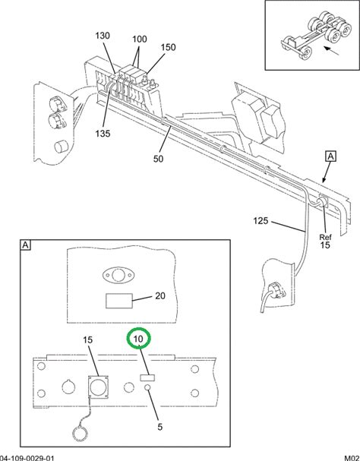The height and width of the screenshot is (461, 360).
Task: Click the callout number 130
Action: coord(103,36)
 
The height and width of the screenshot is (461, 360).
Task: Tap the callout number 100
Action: coord(140,39)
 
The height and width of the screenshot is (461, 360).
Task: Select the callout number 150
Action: coord(169,47)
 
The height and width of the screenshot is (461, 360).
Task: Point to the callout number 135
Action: coord(103,134)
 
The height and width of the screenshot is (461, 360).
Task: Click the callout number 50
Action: coord(158,159)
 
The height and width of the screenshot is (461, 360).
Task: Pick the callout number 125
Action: coord(261,220)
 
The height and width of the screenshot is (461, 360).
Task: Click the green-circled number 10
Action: coord(138,339)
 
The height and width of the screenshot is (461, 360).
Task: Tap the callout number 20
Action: coord(160,295)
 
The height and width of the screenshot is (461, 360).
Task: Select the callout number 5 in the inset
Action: coord(159,427)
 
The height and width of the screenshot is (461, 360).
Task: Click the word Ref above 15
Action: coord(325,237)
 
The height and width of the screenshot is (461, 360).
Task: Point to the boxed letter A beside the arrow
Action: coord(331,156)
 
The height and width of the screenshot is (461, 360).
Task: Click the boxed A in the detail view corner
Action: coord(26,245)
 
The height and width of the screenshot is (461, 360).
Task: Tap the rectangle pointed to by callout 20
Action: coord(119,301)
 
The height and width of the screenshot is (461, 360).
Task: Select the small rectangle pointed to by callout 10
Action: coord(147,377)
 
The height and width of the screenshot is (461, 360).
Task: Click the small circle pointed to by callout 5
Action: coord(147,388)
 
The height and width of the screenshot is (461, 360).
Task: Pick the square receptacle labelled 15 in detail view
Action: coord(98,387)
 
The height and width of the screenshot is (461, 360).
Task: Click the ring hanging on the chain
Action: coord(80,434)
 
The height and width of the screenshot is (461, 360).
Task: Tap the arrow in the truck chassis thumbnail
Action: coord(332,51)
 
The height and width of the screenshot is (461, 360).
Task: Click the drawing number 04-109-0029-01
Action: coord(27,458)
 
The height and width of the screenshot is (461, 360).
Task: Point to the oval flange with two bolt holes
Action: coord(118,276)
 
